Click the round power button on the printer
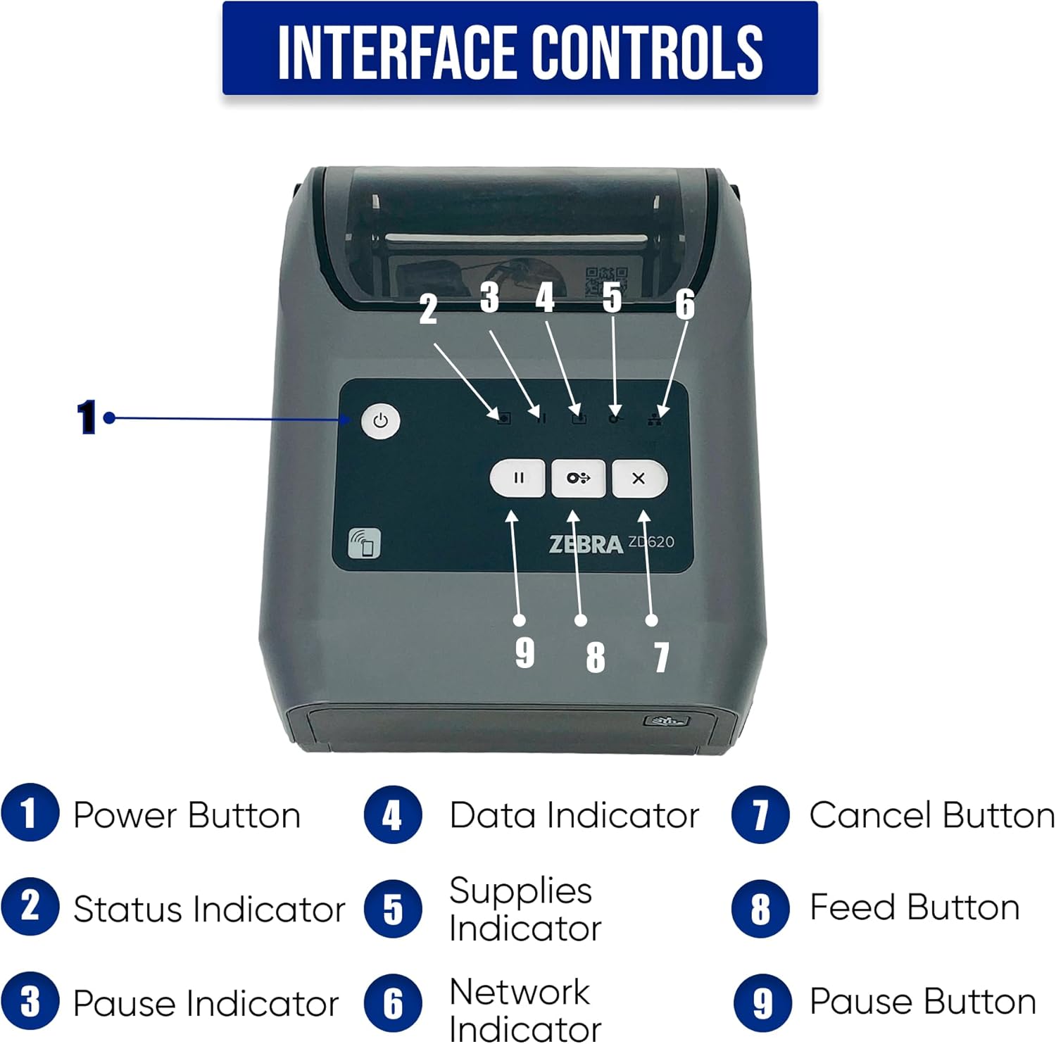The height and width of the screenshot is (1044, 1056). pyautogui.click(x=380, y=421)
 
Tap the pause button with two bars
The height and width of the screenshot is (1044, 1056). pyautogui.click(x=517, y=479)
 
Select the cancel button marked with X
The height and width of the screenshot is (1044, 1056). pyautogui.click(x=639, y=479)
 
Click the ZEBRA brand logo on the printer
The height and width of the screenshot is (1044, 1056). pyautogui.click(x=585, y=544)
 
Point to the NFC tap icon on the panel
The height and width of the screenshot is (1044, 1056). pyautogui.click(x=364, y=543)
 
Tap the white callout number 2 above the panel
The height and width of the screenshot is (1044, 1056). pyautogui.click(x=428, y=309)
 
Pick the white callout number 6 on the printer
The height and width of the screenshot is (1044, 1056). pyautogui.click(x=685, y=304)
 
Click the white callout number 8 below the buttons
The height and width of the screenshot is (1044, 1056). pyautogui.click(x=596, y=657)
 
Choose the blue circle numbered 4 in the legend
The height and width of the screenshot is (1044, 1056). pyautogui.click(x=393, y=815)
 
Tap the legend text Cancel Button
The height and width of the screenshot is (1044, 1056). pyautogui.click(x=931, y=815)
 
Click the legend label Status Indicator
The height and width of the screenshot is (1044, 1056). pyautogui.click(x=209, y=909)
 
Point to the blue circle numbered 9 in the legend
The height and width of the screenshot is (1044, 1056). pyautogui.click(x=761, y=1002)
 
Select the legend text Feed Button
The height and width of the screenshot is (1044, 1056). pyautogui.click(x=914, y=907)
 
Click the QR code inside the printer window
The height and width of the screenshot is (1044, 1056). pyautogui.click(x=606, y=281)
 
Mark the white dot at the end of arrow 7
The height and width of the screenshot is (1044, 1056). pyautogui.click(x=652, y=620)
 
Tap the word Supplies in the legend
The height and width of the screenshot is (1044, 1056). pyautogui.click(x=520, y=891)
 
